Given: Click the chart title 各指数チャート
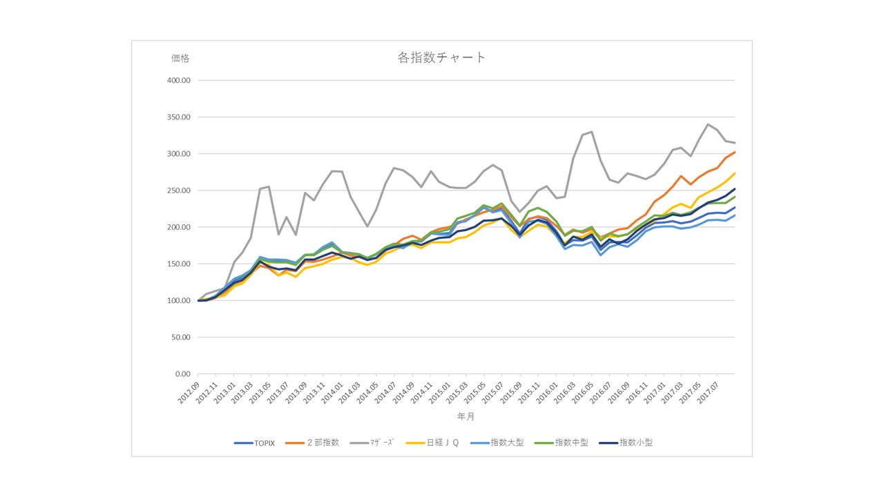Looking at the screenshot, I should (x=442, y=57).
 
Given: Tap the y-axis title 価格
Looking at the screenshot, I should (x=180, y=59).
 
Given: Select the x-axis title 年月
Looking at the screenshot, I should (x=465, y=417).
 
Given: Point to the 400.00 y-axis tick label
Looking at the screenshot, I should (x=179, y=81).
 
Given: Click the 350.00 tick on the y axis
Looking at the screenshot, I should (x=179, y=117).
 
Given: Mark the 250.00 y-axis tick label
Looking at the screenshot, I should (x=179, y=191).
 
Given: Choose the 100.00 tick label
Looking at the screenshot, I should (x=179, y=301).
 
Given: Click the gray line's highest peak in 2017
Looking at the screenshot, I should (x=709, y=124).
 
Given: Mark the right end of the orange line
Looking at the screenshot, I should (x=735, y=152).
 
